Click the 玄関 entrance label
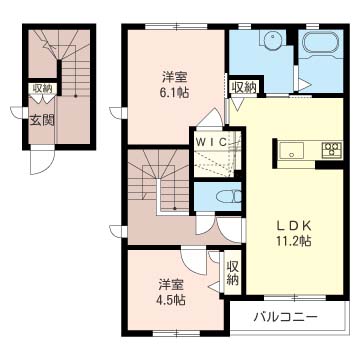(42, 121)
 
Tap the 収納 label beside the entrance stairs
(42, 89)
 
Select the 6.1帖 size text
(174, 92)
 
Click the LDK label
(294, 226)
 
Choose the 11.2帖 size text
(293, 241)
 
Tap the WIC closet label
(211, 142)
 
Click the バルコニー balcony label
(285, 317)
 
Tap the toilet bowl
(229, 197)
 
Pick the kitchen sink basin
(291, 150)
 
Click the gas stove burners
(332, 149)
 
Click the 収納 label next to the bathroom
(244, 88)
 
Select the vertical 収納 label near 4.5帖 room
(233, 273)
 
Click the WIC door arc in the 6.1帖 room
(212, 115)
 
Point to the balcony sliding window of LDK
(295, 298)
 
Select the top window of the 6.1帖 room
(177, 27)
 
